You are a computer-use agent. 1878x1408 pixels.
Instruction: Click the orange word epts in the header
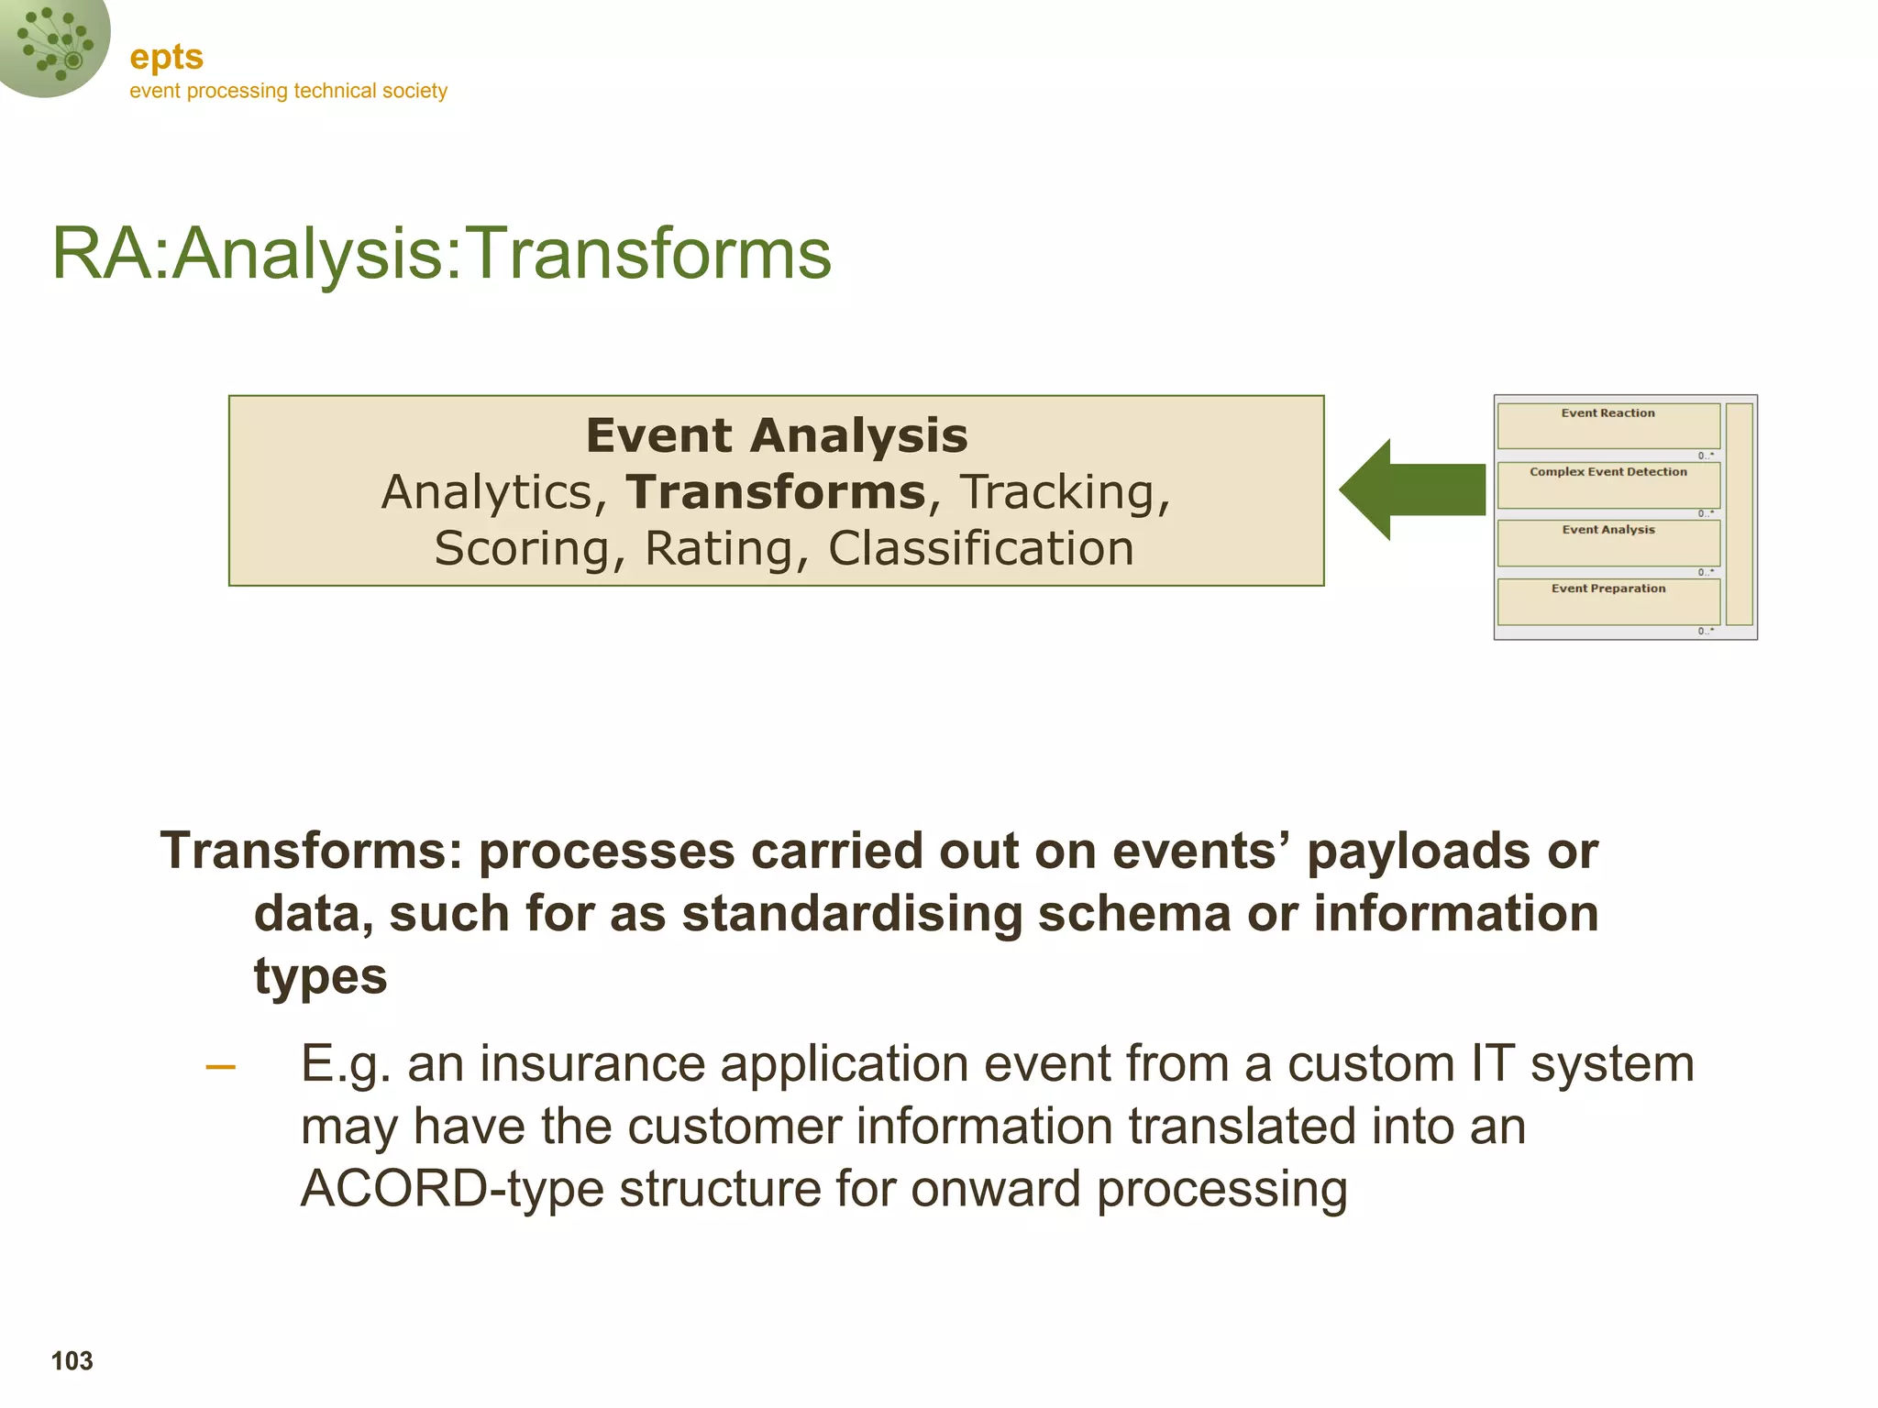pyautogui.click(x=166, y=57)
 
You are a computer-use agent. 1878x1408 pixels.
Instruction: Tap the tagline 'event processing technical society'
pyautogui.click(x=288, y=91)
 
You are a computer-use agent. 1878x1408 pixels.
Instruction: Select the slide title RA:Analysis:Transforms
pyautogui.click(x=441, y=254)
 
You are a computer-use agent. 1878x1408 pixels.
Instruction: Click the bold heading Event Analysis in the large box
pyautogui.click(x=777, y=435)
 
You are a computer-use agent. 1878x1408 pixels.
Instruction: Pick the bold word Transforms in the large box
pyautogui.click(x=776, y=492)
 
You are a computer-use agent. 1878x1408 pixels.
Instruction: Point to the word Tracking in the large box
pyautogui.click(x=1065, y=492)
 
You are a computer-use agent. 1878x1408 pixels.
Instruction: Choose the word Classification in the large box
pyautogui.click(x=981, y=549)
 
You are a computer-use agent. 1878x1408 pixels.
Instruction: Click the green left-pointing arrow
pyautogui.click(x=1411, y=489)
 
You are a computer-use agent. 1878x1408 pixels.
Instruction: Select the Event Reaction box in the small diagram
pyautogui.click(x=1607, y=426)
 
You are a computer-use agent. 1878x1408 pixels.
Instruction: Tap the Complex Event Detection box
pyautogui.click(x=1607, y=485)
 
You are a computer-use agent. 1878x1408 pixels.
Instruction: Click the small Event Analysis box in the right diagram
pyautogui.click(x=1607, y=543)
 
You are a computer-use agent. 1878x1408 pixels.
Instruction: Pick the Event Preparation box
pyautogui.click(x=1607, y=601)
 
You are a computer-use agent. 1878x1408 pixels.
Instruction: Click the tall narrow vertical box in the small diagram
pyautogui.click(x=1739, y=514)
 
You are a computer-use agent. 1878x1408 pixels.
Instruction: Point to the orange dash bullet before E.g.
pyautogui.click(x=220, y=1066)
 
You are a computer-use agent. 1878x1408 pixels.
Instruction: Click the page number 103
pyautogui.click(x=72, y=1361)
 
